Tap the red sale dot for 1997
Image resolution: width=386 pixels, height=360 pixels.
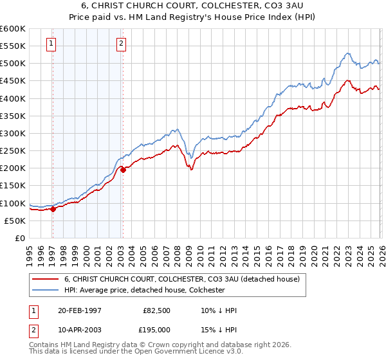[53, 208]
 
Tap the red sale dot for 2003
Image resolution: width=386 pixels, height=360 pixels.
[123, 170]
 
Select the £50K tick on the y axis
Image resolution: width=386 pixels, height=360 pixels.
[15, 221]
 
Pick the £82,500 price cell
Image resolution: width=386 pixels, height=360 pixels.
[157, 310]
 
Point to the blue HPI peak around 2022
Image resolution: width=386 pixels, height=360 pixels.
[347, 53]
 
